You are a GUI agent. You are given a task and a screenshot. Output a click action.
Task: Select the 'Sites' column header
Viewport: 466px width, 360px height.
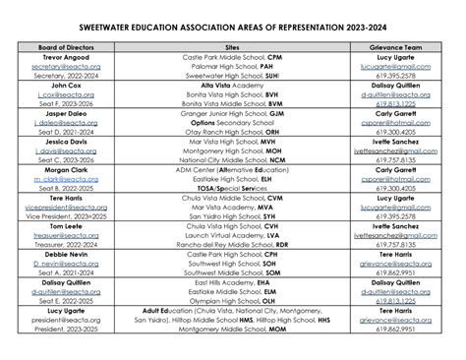tap(234, 46)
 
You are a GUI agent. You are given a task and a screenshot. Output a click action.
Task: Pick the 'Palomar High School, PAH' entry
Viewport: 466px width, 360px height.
tap(234, 66)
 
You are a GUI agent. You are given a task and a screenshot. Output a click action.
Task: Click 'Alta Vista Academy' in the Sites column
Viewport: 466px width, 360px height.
tap(234, 85)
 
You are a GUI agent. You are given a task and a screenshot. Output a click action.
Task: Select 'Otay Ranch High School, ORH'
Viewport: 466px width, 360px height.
tap(234, 132)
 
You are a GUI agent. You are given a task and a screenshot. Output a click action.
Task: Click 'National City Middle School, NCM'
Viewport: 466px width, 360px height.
tap(234, 159)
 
